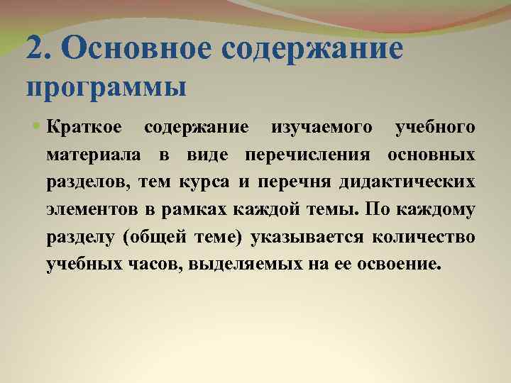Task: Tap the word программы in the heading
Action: (x=106, y=87)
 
